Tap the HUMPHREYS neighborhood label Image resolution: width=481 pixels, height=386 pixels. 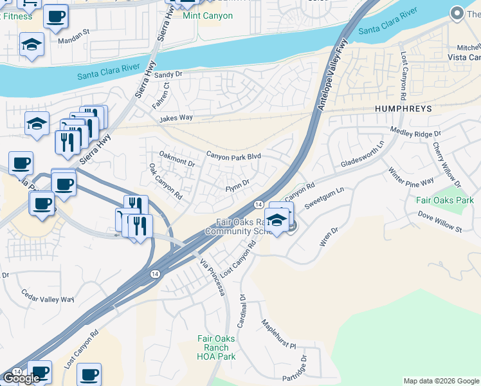pyautogui.click(x=403, y=109)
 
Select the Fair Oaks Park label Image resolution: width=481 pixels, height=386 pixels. pyautogui.click(x=444, y=200)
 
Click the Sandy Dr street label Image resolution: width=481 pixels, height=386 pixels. pyautogui.click(x=168, y=75)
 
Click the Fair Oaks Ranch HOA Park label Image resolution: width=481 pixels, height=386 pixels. pyautogui.click(x=216, y=347)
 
